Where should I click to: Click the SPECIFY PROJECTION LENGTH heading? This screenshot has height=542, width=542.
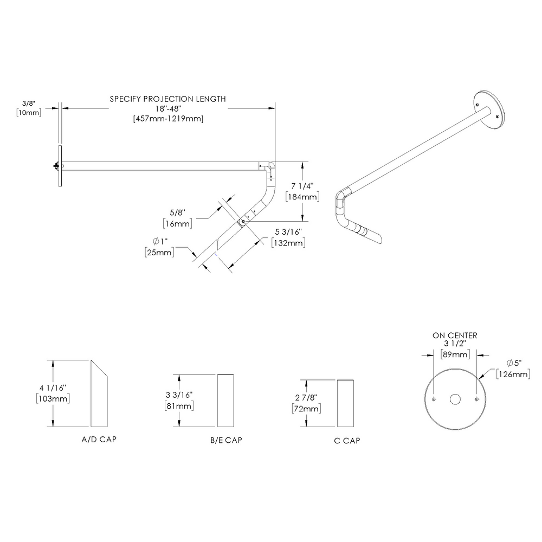[x=167, y=99]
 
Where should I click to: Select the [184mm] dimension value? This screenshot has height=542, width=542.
[x=302, y=196]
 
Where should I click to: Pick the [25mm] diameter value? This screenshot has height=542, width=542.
[x=159, y=252]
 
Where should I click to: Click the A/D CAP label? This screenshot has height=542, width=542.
[x=98, y=439]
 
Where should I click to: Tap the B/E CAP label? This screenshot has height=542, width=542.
[x=225, y=441]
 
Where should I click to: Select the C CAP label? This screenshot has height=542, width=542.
[x=347, y=441]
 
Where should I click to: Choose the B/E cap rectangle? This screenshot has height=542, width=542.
[x=226, y=401]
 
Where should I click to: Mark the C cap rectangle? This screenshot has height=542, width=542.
[x=347, y=404]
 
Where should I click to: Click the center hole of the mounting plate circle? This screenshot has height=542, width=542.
[x=455, y=399]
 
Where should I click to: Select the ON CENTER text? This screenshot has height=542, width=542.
[x=455, y=335]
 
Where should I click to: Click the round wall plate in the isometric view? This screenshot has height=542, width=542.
[x=489, y=109]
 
